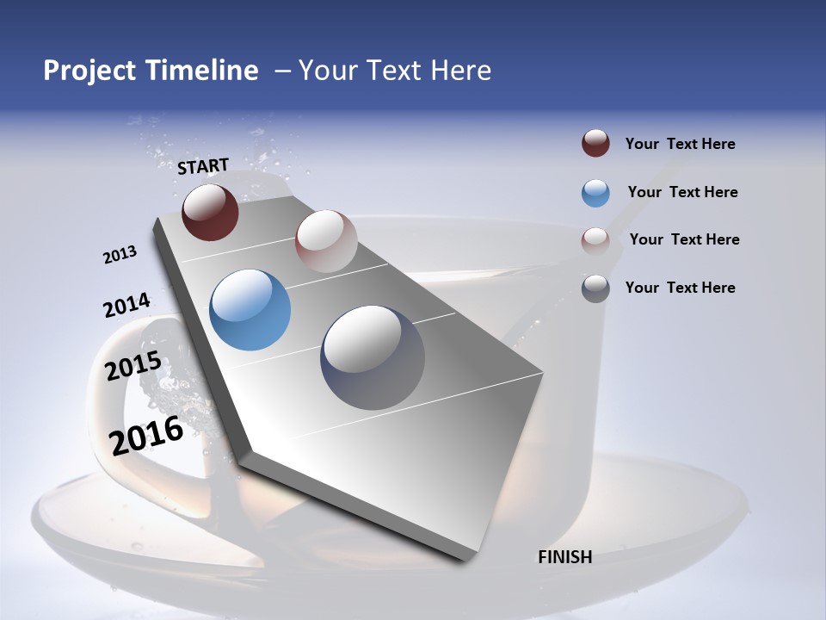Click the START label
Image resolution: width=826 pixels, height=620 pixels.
[x=203, y=166]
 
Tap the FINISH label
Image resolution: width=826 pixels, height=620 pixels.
[x=564, y=557]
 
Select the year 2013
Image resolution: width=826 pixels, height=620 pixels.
[x=120, y=255]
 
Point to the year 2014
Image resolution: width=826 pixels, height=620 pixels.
[x=126, y=306]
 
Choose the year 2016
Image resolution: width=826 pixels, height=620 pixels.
[x=146, y=435]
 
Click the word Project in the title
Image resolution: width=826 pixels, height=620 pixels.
[x=90, y=71]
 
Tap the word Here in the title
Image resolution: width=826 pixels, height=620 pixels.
[x=460, y=71]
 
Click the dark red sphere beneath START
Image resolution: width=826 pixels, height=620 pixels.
[x=210, y=212]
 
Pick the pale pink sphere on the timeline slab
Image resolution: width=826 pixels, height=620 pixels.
[x=326, y=241]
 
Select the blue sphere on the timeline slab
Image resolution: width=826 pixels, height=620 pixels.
[x=250, y=310]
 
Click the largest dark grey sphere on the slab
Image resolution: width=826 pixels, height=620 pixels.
[x=373, y=356]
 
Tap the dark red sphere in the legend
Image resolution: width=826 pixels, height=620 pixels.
[x=595, y=144]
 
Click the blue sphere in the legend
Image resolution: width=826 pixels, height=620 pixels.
[x=595, y=193]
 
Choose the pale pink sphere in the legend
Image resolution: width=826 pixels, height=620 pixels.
[x=595, y=240]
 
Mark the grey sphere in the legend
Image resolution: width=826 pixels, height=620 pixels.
[x=595, y=288]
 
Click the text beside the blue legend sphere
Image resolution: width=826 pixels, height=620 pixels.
[x=682, y=192]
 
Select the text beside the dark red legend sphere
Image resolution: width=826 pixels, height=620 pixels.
[x=680, y=144]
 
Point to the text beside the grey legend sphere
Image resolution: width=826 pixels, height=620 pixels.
[x=680, y=288]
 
